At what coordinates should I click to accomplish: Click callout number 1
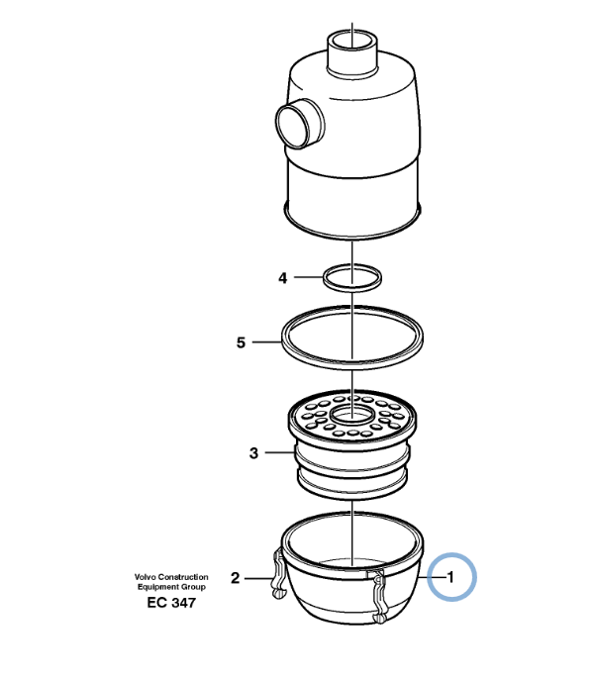pos(451,577)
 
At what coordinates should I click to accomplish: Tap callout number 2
pos(235,578)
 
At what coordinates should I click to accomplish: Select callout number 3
pos(253,453)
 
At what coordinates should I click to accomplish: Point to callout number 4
pos(283,277)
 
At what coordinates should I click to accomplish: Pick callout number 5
pos(241,342)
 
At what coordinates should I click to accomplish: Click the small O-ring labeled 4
pos(352,277)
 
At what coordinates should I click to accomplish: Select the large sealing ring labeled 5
pos(352,338)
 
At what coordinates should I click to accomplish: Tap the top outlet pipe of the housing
pos(352,51)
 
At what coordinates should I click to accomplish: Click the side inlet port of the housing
pos(299,124)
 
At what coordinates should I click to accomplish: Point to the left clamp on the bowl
pos(278,573)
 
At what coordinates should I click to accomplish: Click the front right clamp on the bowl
pos(378,597)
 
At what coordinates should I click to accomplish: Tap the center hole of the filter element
pos(351,415)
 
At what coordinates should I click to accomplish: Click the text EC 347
pos(171,603)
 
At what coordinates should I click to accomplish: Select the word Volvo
pos(145,577)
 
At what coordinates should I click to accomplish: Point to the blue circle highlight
pos(451,577)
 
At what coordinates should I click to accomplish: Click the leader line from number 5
pos(267,342)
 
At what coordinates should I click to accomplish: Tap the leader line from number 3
pos(280,452)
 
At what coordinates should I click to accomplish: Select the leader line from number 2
pos(259,578)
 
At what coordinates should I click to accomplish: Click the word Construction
pos(183,577)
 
